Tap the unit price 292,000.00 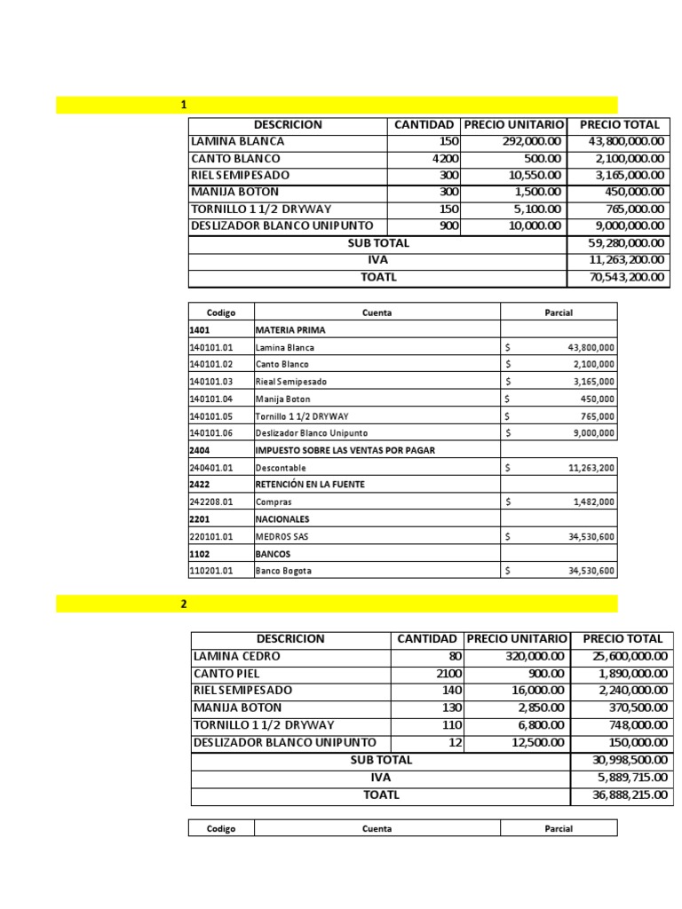tap(526, 141)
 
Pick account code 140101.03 tap(211, 381)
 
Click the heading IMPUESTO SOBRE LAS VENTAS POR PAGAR tap(345, 450)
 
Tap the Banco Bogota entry tap(283, 571)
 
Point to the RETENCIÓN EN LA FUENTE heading tap(310, 485)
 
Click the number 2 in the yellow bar tap(184, 605)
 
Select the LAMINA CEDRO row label tap(236, 656)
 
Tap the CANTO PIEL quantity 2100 tap(445, 673)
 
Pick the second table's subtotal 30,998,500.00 tap(629, 760)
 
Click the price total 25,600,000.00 tap(629, 656)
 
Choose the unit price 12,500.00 tap(530, 742)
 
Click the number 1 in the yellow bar tap(184, 105)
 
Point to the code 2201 tap(200, 519)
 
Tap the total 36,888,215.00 tap(629, 794)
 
